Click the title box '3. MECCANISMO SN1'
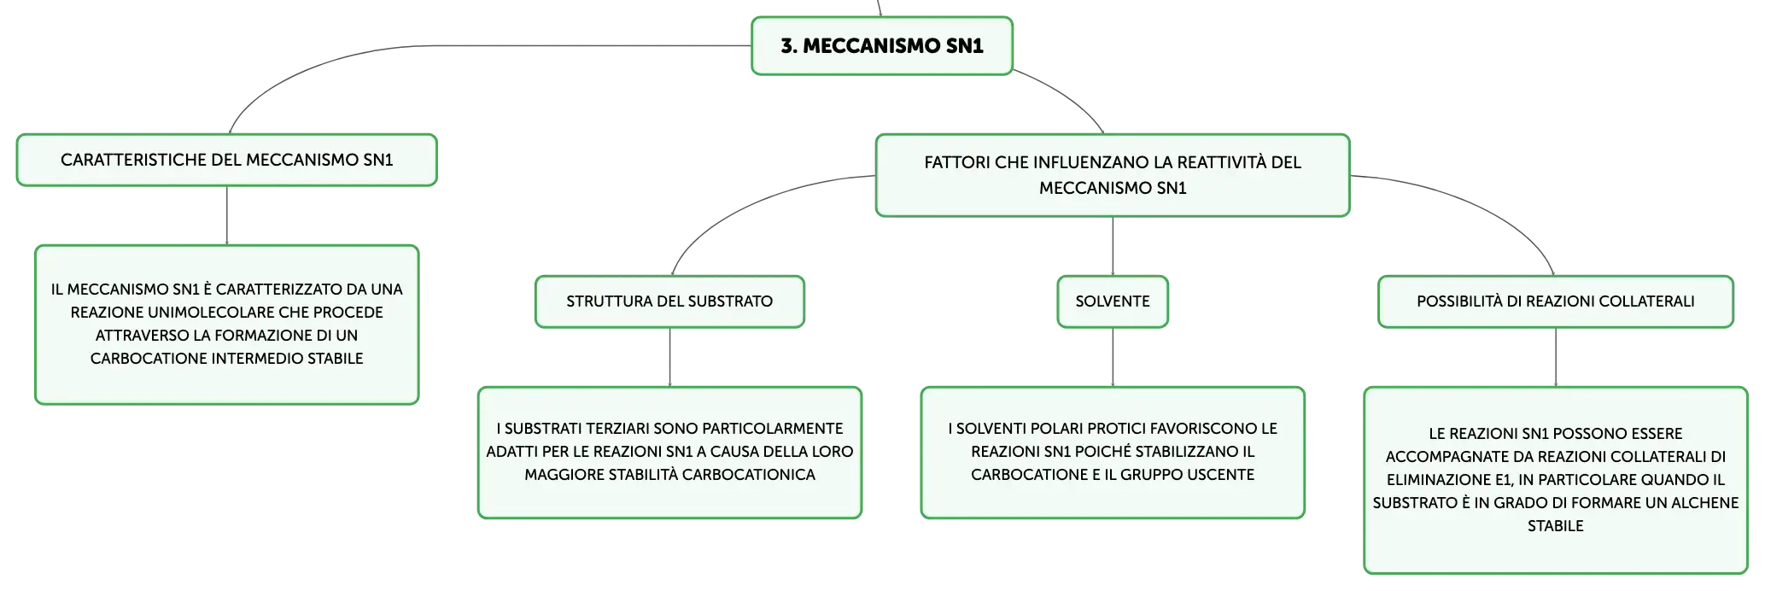coord(882,46)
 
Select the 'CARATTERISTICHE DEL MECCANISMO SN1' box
coord(227,160)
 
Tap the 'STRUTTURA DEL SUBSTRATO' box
coord(669,301)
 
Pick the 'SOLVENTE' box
coord(1113,301)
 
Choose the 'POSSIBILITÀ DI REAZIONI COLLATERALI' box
coord(1556,301)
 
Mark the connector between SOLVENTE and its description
coord(1113,357)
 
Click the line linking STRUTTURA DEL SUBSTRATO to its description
coord(669,357)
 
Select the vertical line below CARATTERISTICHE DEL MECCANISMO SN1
coord(227,215)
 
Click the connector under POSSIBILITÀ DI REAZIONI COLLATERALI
coord(1556,357)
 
